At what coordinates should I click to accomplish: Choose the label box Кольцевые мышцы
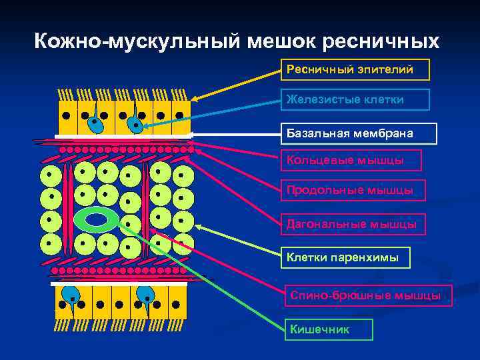tap(354, 160)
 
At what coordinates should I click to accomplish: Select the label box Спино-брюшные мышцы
tap(369, 295)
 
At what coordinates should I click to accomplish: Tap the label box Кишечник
tap(329, 329)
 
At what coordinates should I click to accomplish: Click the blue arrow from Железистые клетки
tap(213, 112)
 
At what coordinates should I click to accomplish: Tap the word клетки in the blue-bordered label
tap(383, 99)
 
